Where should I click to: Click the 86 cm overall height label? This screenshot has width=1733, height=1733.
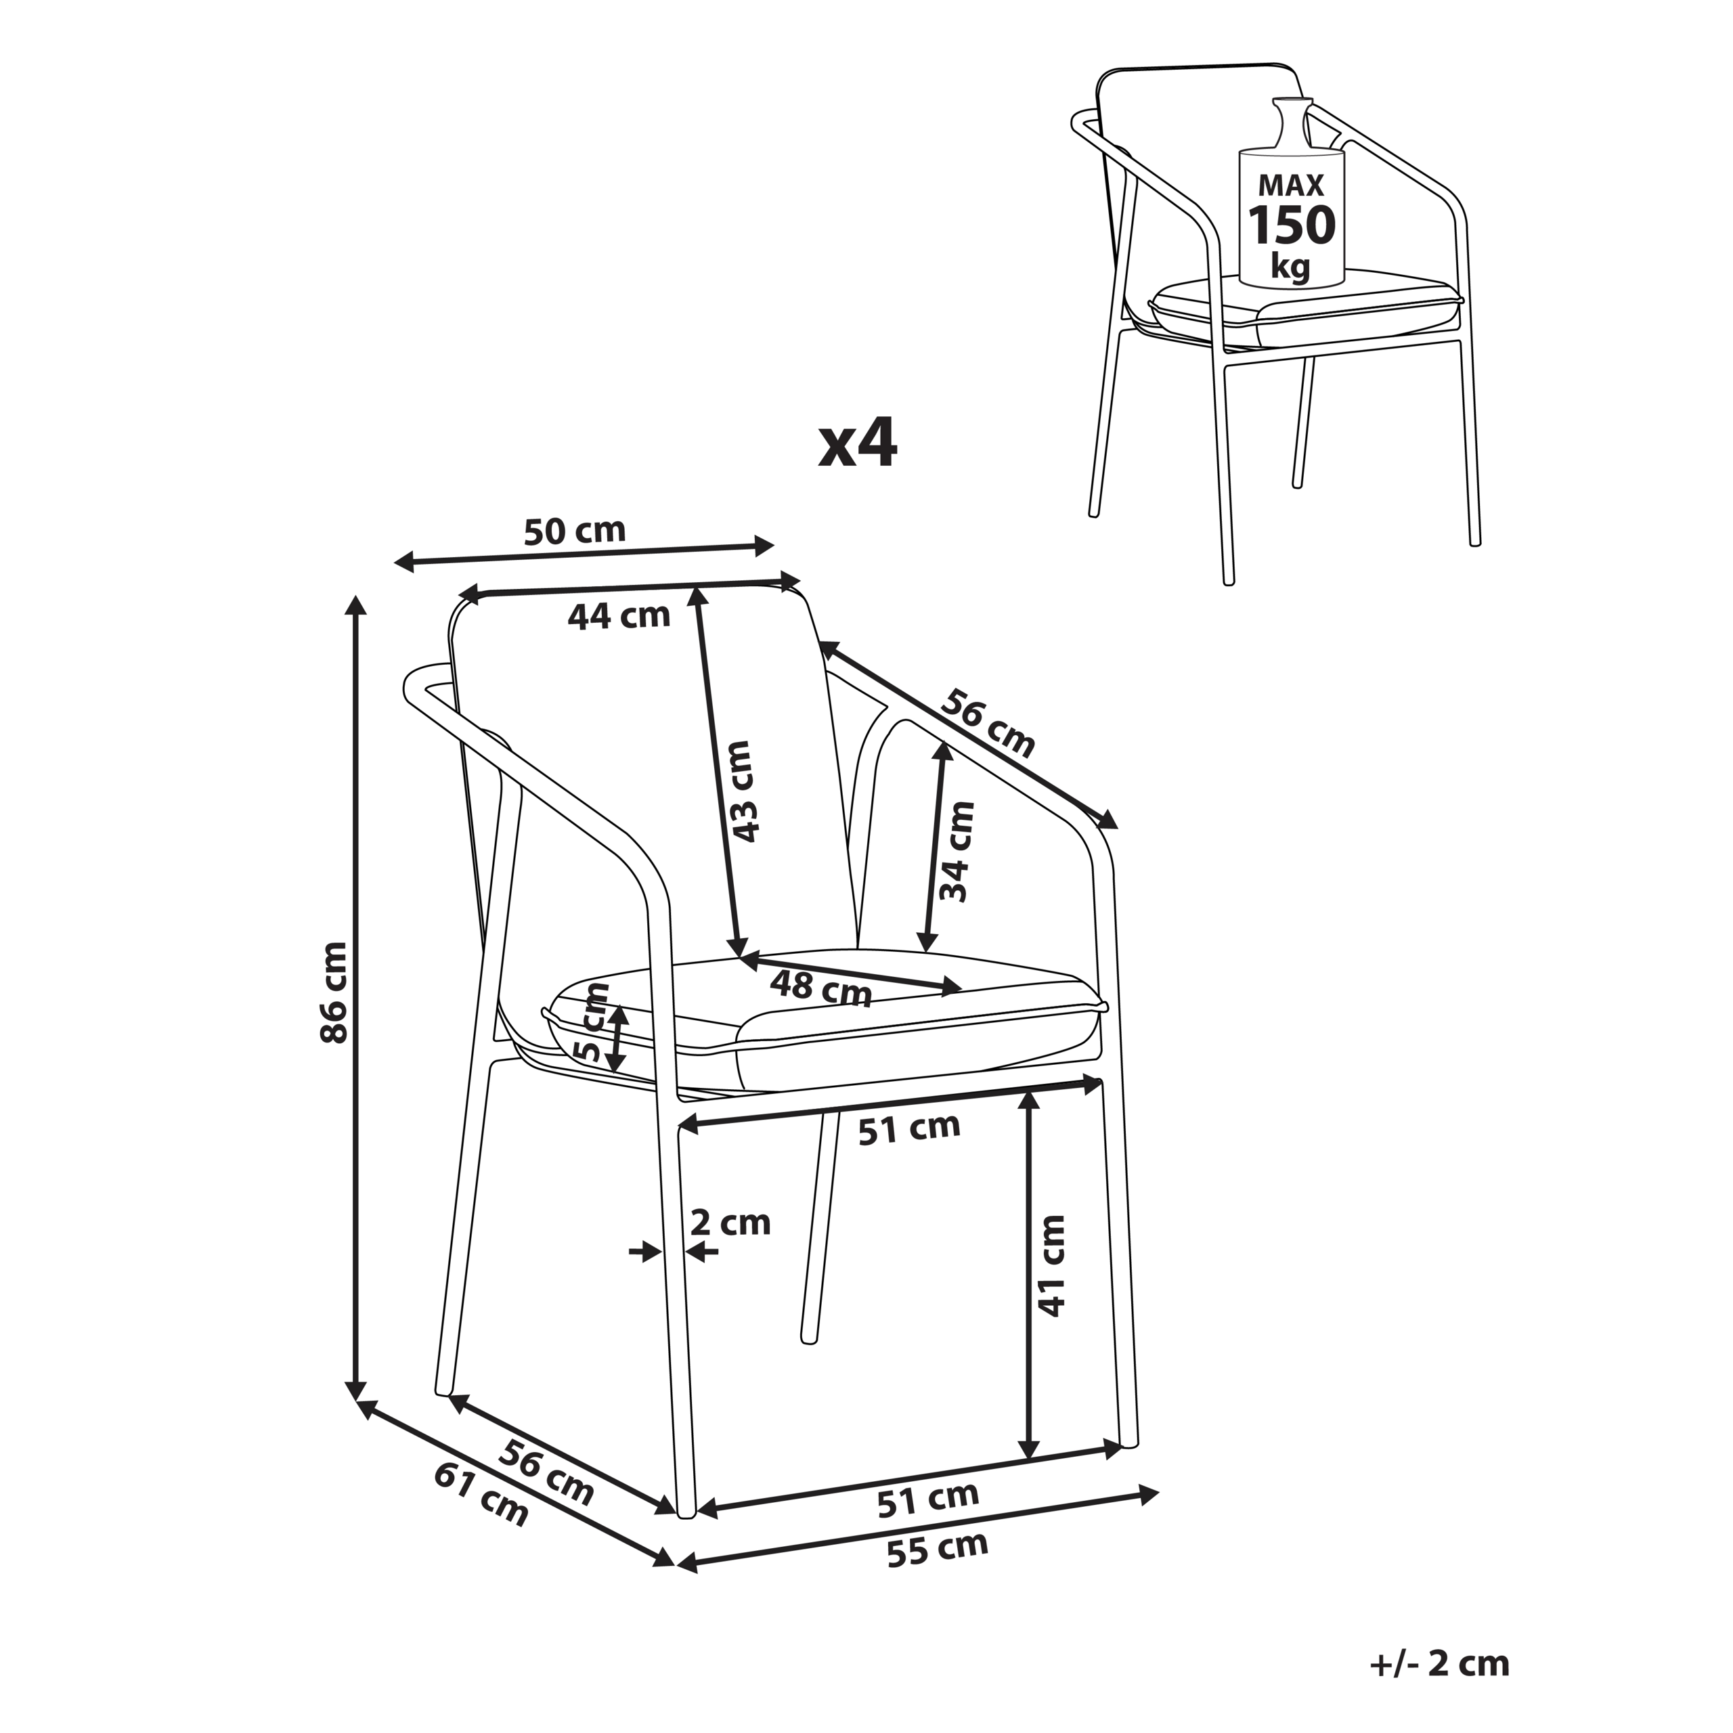pyautogui.click(x=334, y=992)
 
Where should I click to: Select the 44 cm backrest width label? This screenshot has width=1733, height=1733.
pyautogui.click(x=619, y=615)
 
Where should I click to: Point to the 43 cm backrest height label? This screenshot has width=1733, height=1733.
pyautogui.click(x=743, y=791)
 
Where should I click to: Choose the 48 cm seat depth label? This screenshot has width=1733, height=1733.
pyautogui.click(x=820, y=988)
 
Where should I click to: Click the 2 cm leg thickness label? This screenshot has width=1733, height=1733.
pyautogui.click(x=731, y=1223)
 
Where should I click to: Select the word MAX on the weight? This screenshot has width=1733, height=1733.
pyautogui.click(x=1292, y=185)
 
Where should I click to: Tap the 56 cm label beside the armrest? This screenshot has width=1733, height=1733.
pyautogui.click(x=988, y=723)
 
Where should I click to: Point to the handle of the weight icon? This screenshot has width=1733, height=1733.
pyautogui.click(x=1292, y=122)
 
